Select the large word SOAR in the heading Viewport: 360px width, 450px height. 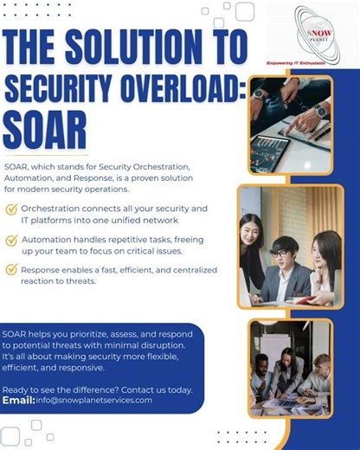pyautogui.click(x=44, y=131)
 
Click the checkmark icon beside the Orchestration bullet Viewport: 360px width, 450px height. pyautogui.click(x=11, y=209)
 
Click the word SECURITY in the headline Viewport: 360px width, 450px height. pyautogui.click(x=55, y=88)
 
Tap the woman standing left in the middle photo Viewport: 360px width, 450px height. pyautogui.click(x=252, y=247)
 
